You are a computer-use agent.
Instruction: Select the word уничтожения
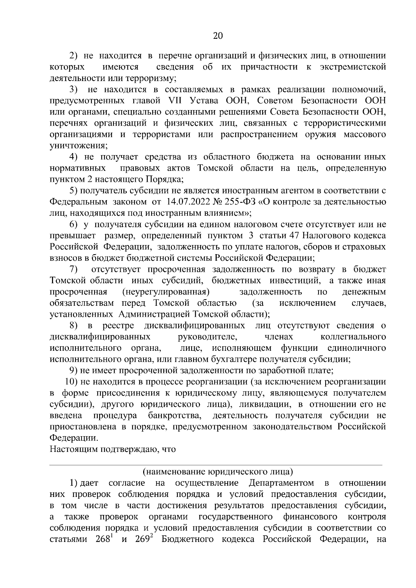click(78, 146)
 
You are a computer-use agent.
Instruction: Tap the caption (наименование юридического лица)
click(217, 472)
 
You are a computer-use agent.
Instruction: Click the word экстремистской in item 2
click(353, 67)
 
